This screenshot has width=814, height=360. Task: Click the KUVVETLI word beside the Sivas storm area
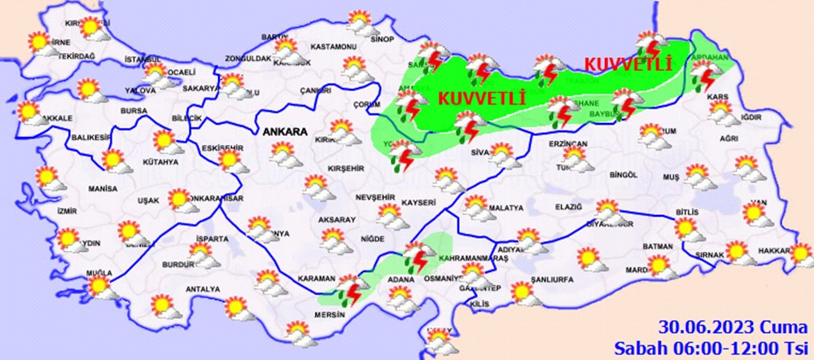tap(484, 98)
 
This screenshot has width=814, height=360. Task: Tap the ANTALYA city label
tap(203, 289)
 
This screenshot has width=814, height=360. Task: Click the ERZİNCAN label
tap(567, 143)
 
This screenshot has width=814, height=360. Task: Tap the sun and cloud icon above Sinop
tap(358, 20)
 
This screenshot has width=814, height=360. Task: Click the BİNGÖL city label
tap(622, 174)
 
